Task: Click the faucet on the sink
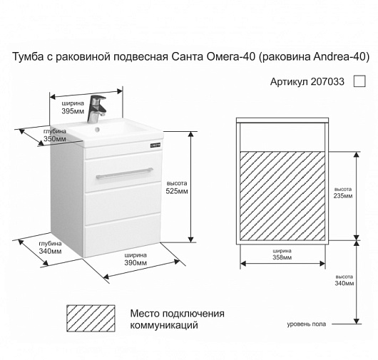click(x=96, y=109)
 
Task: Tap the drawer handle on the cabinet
click(x=124, y=173)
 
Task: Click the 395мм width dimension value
click(x=73, y=111)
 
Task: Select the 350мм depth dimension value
click(x=55, y=139)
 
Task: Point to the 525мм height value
click(x=177, y=191)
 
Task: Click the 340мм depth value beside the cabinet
click(x=50, y=252)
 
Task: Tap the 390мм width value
click(x=136, y=262)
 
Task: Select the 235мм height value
click(x=343, y=196)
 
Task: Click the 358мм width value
click(x=282, y=257)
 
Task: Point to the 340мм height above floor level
click(x=344, y=284)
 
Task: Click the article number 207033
click(x=327, y=82)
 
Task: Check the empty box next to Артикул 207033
click(x=359, y=81)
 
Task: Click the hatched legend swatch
click(x=91, y=319)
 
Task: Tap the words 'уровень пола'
click(x=307, y=324)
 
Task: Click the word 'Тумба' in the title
click(x=28, y=57)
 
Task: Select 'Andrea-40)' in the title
click(x=342, y=57)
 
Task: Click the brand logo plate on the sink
click(x=155, y=145)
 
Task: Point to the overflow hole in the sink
click(x=98, y=130)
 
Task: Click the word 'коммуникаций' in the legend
click(x=164, y=325)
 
